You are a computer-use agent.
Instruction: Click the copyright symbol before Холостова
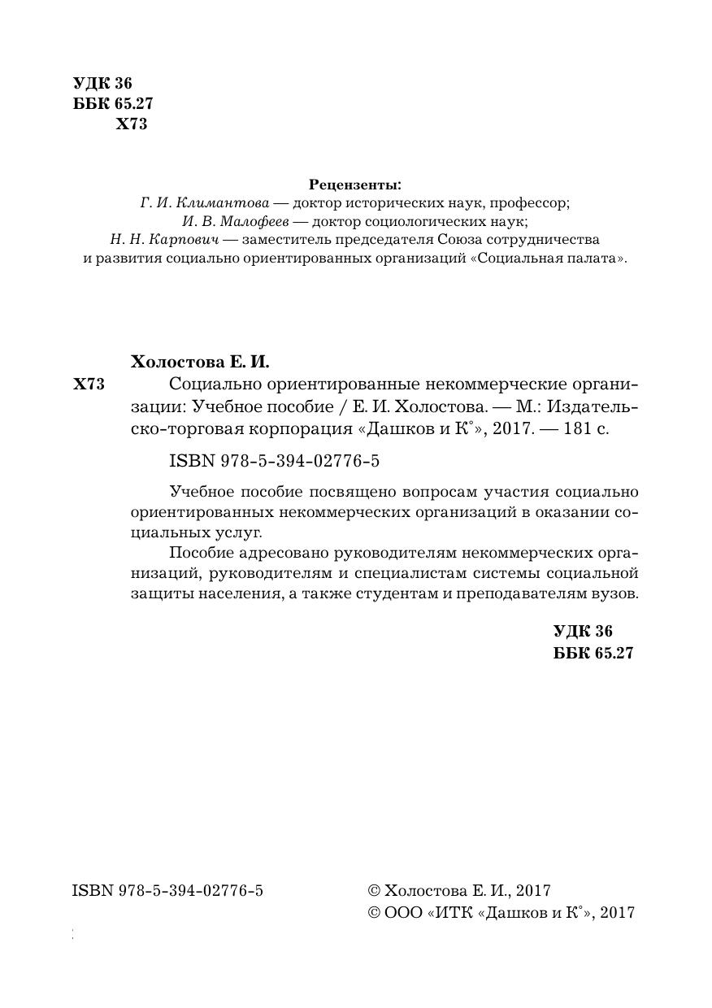click(x=374, y=892)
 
